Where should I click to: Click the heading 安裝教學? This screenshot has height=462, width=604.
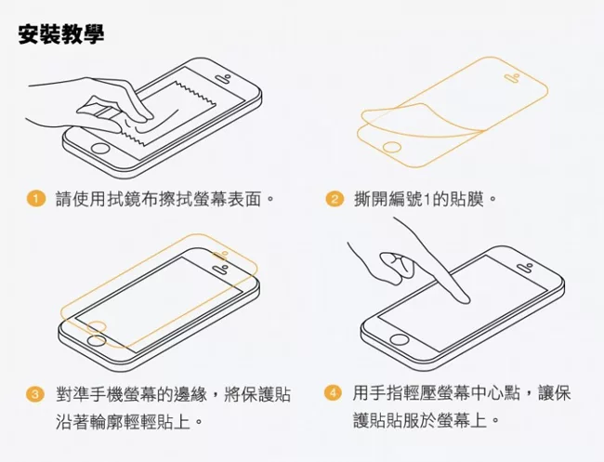point(61,34)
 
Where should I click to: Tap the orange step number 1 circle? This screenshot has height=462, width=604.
point(36,199)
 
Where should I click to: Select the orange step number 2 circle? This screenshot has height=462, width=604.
point(335,199)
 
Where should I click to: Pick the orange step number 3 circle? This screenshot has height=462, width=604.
point(35,394)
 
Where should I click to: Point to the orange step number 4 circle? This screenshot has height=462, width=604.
point(333,393)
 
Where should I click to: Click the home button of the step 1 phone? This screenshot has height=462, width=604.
point(100,149)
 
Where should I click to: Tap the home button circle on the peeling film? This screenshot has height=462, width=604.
point(392,148)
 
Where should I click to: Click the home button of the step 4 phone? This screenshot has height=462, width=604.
point(399,339)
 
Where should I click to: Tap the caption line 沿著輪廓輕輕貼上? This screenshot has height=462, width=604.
point(129,421)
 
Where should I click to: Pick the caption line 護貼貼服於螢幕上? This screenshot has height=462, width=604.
point(426,420)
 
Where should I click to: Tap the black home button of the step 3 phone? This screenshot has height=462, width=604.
point(97,340)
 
